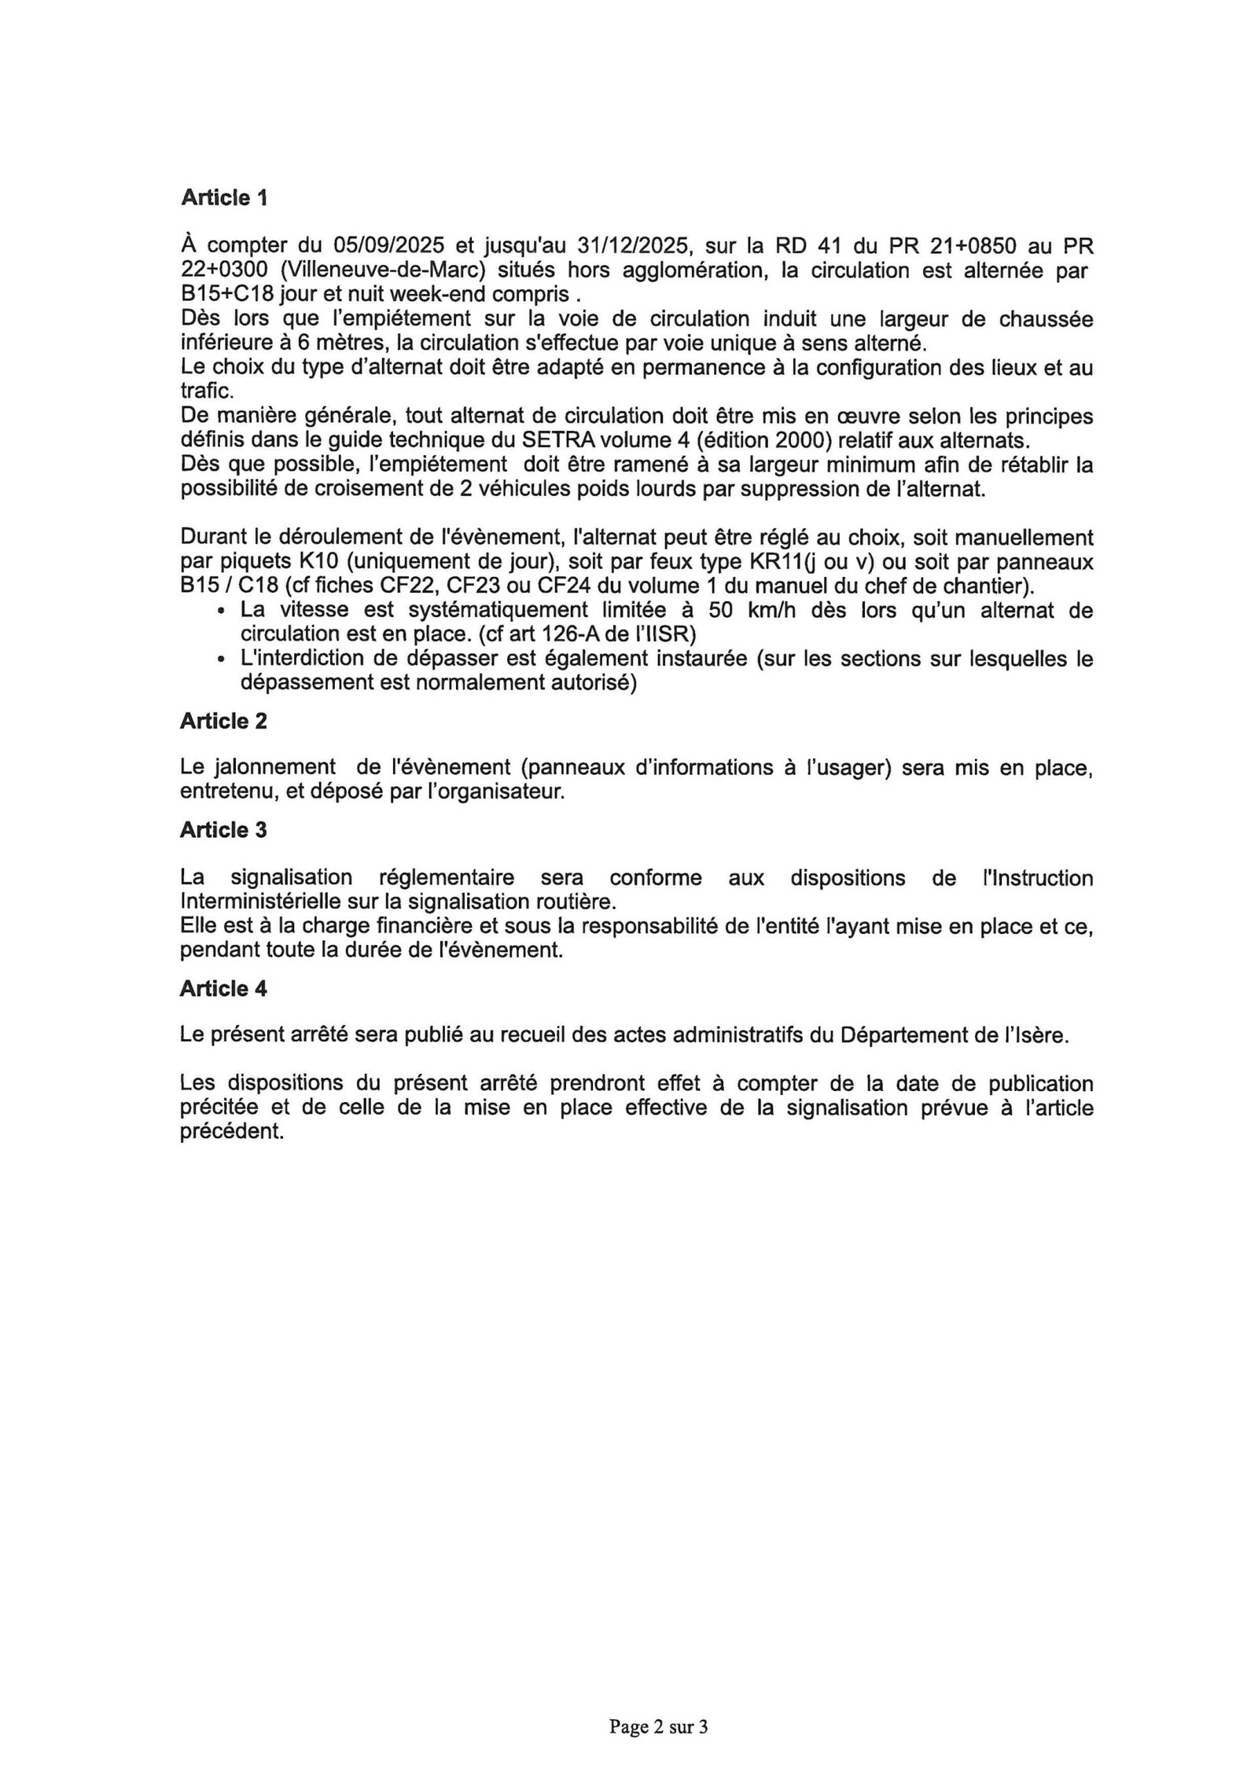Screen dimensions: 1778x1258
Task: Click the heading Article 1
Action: point(224,197)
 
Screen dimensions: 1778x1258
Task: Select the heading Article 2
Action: point(223,721)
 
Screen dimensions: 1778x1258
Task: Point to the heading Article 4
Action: point(223,988)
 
